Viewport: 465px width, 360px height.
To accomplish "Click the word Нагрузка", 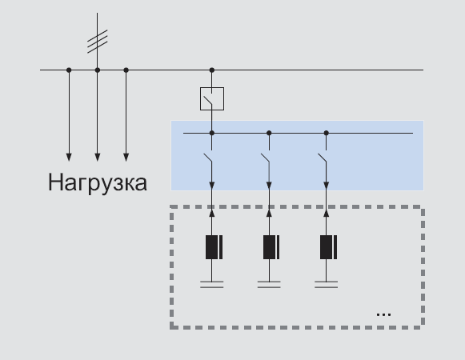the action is click(x=98, y=182).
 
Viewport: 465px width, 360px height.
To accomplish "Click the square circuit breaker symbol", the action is click(x=212, y=98).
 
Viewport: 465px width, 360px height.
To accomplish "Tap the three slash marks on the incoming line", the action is click(x=98, y=42).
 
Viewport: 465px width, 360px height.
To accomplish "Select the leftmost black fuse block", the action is click(x=214, y=247).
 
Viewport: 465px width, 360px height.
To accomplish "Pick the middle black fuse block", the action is click(x=271, y=247).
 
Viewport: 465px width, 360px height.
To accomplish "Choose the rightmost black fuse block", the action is click(x=329, y=247).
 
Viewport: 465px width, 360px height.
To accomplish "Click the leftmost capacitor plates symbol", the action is click(x=212, y=285).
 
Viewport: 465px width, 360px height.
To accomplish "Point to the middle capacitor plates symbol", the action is click(x=269, y=285).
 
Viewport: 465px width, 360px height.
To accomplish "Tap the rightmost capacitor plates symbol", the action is click(x=327, y=285).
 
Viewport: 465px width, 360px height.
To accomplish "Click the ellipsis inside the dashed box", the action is click(x=383, y=314).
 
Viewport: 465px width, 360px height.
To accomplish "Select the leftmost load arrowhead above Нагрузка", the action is click(x=69, y=157).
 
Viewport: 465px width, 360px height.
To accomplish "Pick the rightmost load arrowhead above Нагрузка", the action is click(x=126, y=157).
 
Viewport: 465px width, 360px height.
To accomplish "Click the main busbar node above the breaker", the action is click(x=212, y=70).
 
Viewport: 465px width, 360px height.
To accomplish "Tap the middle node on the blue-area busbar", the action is click(x=269, y=133).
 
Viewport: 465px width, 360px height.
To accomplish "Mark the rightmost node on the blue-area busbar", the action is click(x=327, y=133).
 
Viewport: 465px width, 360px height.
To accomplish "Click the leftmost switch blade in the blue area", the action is click(x=207, y=158).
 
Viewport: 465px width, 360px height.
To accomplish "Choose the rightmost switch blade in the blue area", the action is click(x=322, y=158).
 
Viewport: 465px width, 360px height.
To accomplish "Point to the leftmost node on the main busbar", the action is click(x=69, y=70).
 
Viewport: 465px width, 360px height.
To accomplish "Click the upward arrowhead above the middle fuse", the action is click(x=269, y=213).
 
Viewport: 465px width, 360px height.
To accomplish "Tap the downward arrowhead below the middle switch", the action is click(x=269, y=186).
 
